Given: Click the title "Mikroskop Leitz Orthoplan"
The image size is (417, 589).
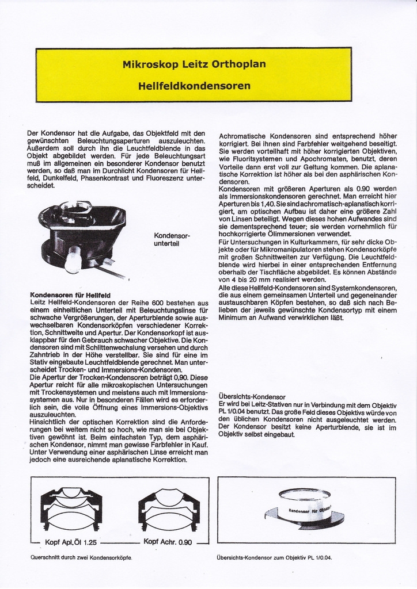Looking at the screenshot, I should coord(194,64).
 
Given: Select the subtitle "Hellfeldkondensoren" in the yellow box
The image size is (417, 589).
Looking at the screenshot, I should coord(194,86).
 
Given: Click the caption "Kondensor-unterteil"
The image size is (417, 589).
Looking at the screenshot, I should coord(172,239).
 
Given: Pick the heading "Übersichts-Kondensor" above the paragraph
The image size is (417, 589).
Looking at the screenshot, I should coord(252,397).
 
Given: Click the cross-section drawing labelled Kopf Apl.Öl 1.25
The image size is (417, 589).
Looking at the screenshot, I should coord(71,508).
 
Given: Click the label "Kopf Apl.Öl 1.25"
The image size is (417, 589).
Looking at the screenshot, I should coord(70,542).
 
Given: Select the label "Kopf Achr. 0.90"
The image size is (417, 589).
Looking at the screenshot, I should coord(168,542).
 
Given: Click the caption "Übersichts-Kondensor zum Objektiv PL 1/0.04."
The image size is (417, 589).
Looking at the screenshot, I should coord(274,557).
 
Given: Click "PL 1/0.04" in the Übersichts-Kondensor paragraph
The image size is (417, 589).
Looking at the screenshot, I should coord(236,412).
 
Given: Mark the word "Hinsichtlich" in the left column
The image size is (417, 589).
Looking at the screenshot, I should coord(48,422).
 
